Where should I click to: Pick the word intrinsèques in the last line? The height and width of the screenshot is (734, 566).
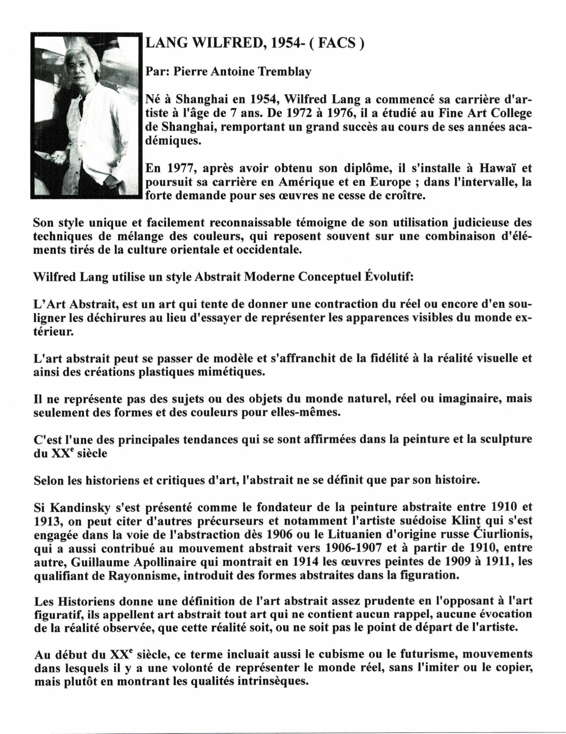point(265,681)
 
